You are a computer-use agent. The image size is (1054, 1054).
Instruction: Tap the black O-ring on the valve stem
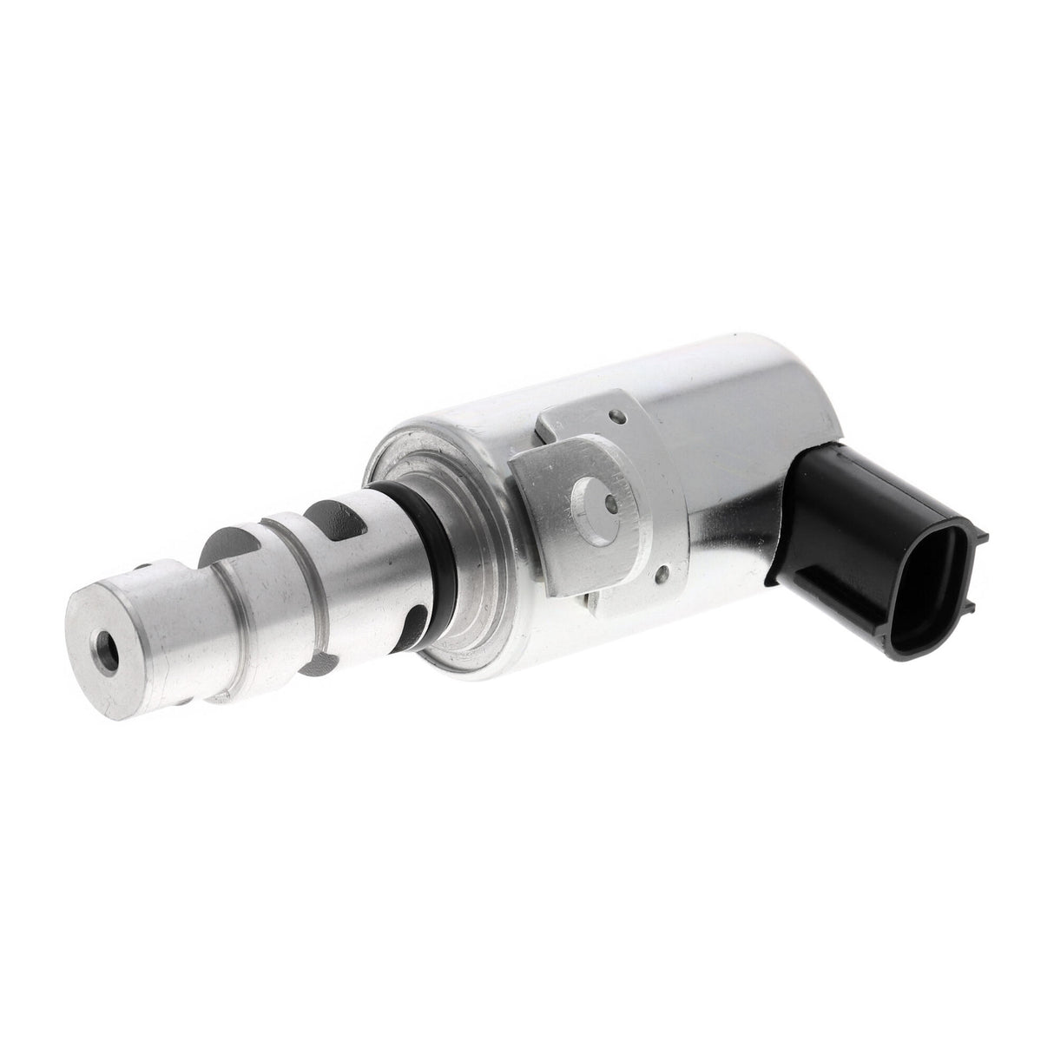[415, 547]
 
